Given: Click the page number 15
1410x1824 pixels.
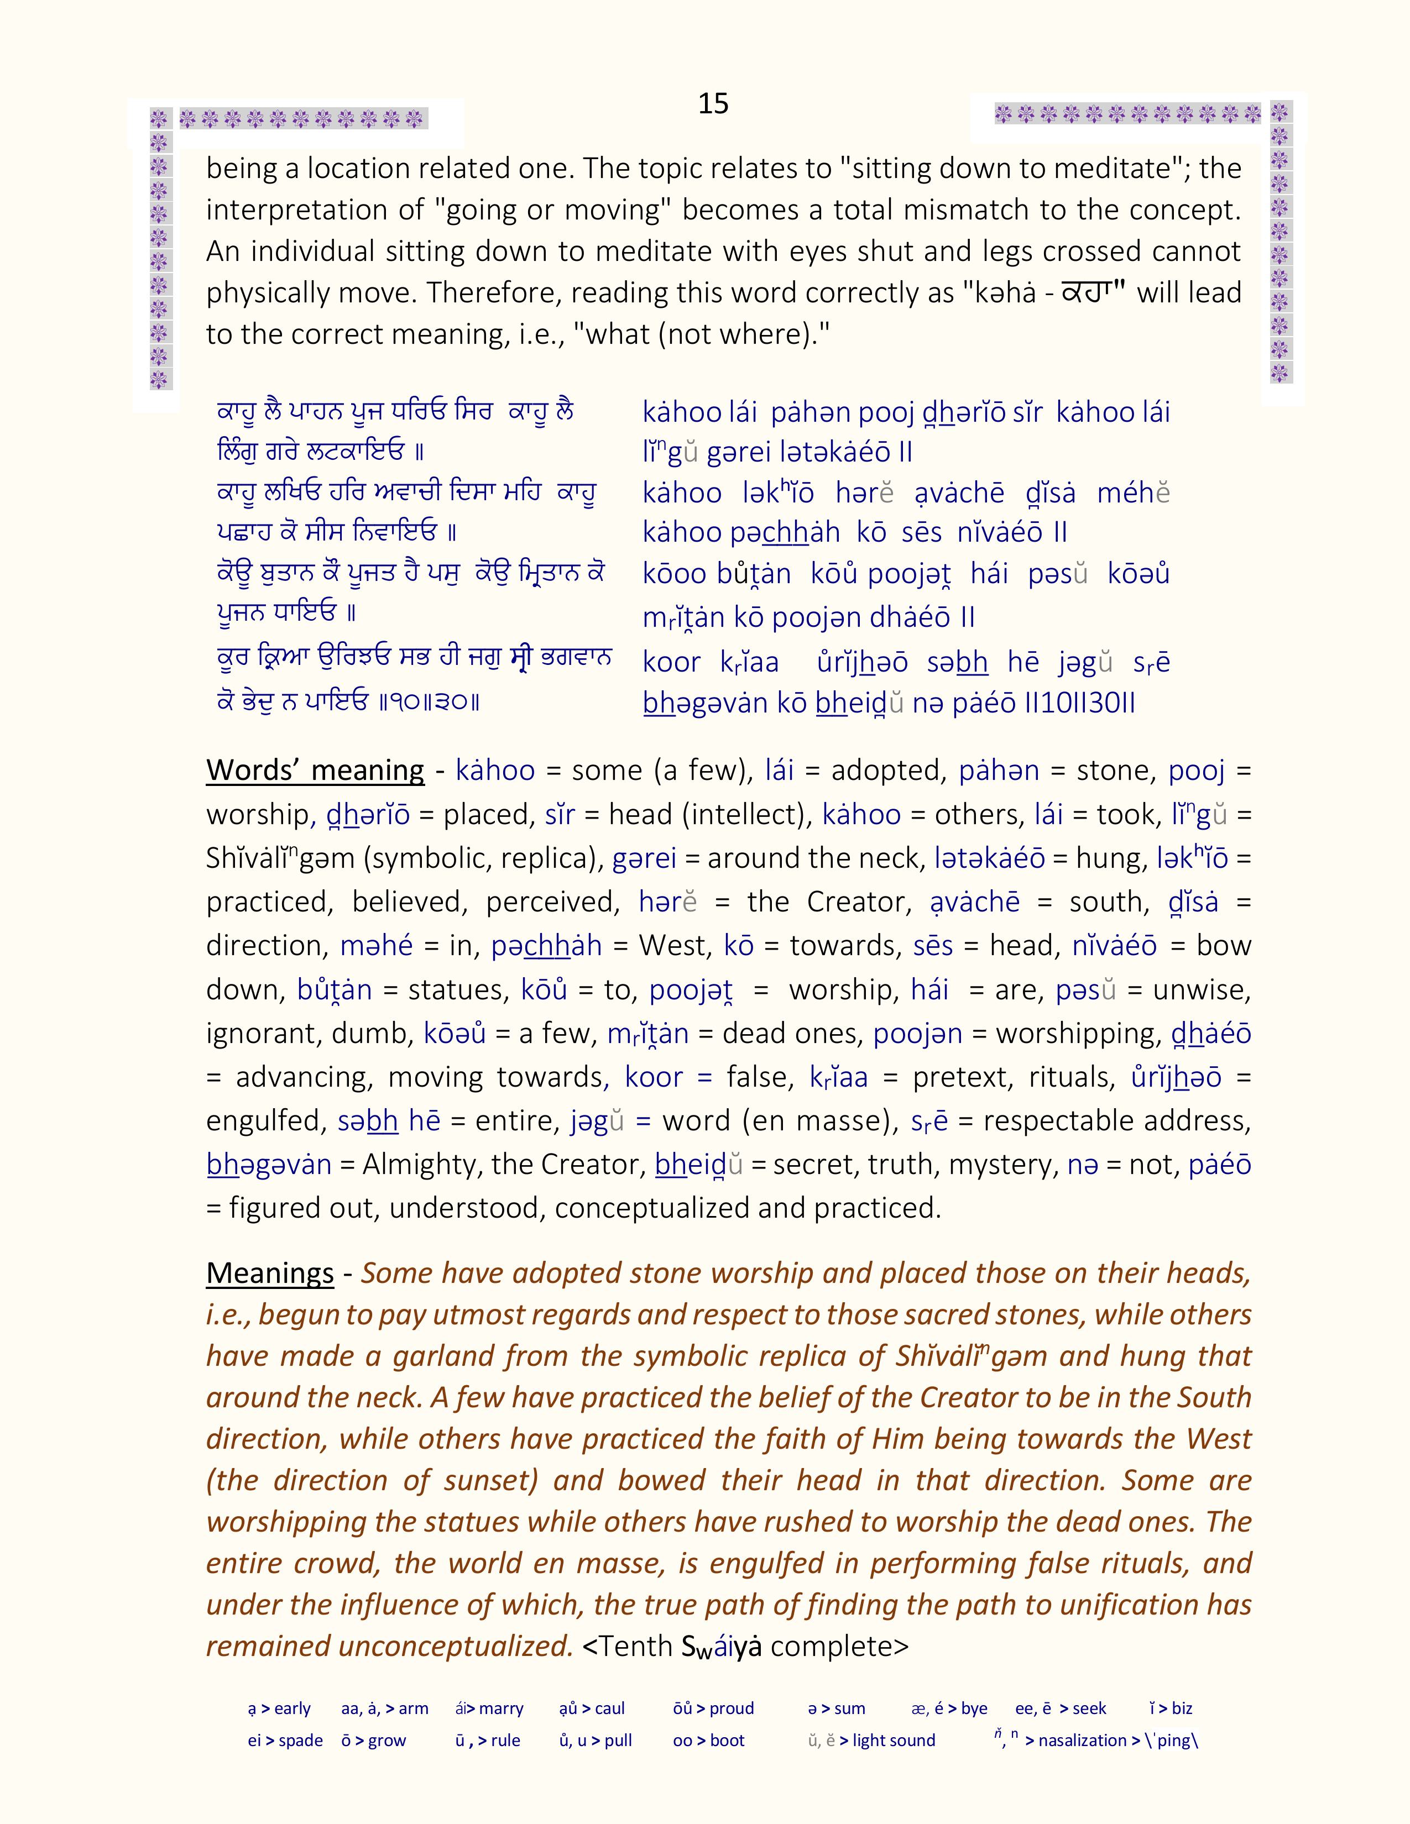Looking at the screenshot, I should pyautogui.click(x=713, y=103).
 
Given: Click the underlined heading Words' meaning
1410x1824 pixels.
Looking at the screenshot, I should pyautogui.click(x=315, y=769).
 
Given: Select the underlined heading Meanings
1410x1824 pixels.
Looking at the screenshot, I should pyautogui.click(x=270, y=1273).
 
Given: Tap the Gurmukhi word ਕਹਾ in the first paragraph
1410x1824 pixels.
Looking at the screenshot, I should pyautogui.click(x=1092, y=292).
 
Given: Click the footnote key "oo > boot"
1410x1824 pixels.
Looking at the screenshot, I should pyautogui.click(x=708, y=1741).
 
